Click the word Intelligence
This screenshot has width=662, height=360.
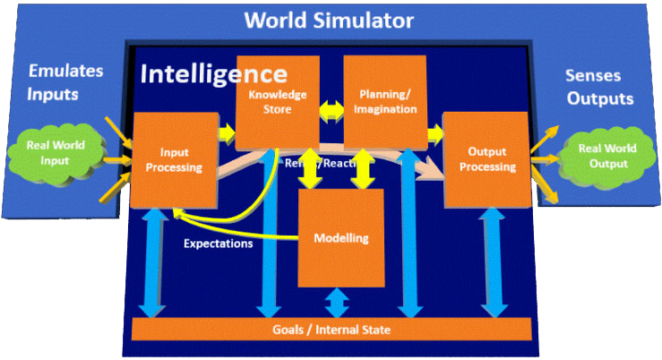(x=214, y=73)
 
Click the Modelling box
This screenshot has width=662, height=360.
(x=340, y=238)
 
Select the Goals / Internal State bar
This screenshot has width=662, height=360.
(x=331, y=330)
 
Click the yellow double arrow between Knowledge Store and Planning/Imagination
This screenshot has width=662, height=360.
(x=331, y=110)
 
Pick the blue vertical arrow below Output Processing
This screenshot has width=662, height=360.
(x=490, y=261)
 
